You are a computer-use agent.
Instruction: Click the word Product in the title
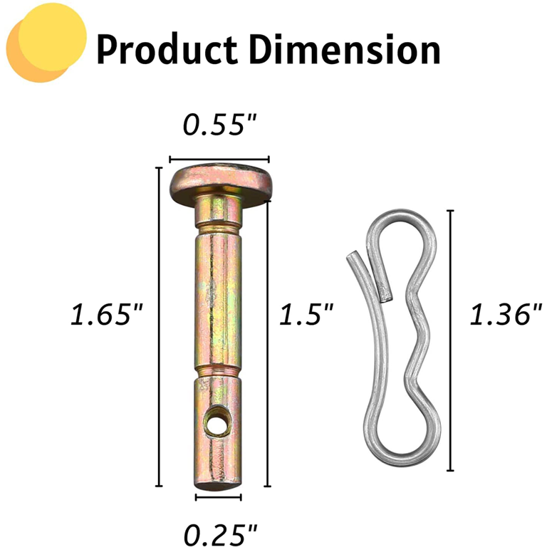pos(167,49)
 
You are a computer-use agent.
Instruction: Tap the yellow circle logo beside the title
pos(46,43)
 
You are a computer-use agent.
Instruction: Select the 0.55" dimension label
pos(219,125)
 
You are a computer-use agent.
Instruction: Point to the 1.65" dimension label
pos(107,314)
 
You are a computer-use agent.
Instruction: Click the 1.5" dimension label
pos(306,314)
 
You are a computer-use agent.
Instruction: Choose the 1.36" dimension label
pos(506,314)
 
